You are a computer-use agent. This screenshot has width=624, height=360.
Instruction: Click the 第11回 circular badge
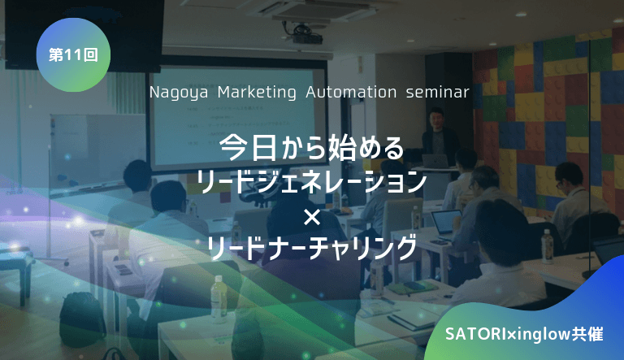click(x=73, y=55)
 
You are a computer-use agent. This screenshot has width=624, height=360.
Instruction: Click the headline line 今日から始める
click(x=312, y=148)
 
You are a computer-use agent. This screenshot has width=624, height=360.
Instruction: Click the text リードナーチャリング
click(x=312, y=246)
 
